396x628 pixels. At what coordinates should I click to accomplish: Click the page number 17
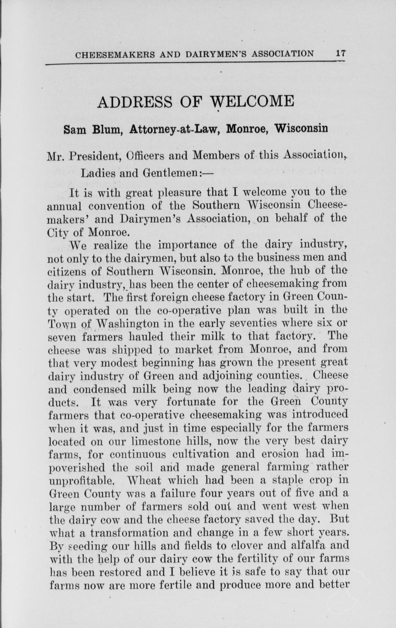[341, 53]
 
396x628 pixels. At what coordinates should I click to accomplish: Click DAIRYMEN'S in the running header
[215, 54]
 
